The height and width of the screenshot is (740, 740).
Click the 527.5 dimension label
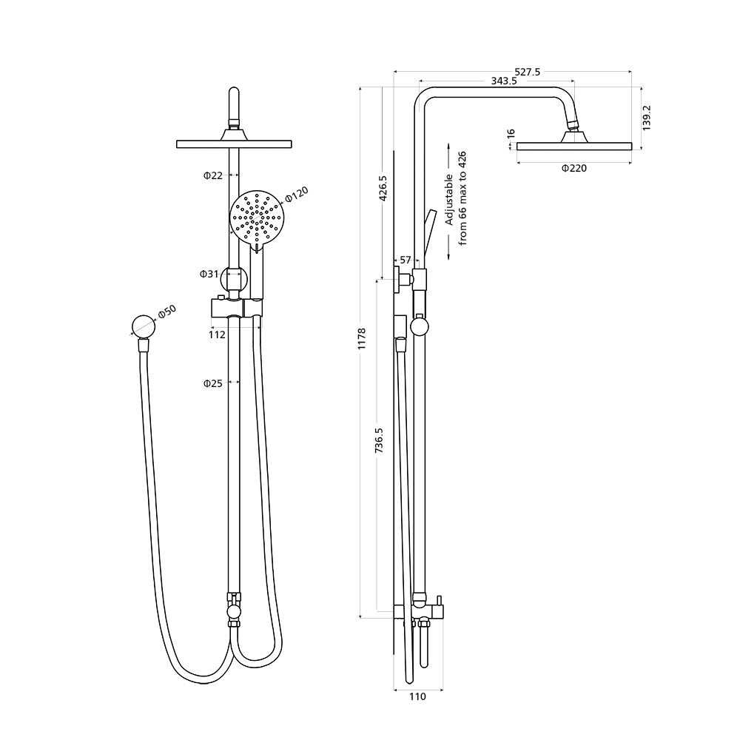528,72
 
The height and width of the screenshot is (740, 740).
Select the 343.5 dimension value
502,81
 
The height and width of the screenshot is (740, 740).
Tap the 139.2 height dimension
647,118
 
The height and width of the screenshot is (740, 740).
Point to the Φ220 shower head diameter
573,169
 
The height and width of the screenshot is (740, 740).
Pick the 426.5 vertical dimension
383,188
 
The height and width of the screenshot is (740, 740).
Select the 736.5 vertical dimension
379,440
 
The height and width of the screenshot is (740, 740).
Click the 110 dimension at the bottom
418,696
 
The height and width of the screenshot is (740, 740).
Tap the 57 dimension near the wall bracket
406,260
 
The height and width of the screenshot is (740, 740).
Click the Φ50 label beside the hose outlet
166,312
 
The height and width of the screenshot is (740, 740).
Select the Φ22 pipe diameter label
213,175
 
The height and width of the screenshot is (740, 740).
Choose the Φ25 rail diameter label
213,383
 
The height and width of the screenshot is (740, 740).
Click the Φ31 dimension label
209,274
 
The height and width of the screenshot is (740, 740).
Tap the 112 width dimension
217,334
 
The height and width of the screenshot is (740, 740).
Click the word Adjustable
448,201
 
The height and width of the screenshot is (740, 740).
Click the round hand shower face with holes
257,216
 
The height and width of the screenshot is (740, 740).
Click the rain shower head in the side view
573,145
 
